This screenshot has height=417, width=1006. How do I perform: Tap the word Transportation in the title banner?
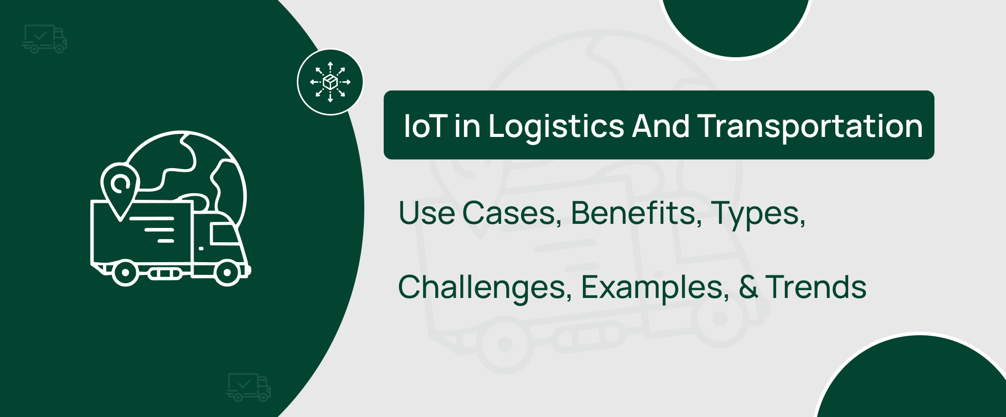click(810, 127)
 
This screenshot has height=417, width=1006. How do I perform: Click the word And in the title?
click(661, 126)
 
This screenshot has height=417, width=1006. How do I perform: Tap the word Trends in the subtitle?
click(816, 287)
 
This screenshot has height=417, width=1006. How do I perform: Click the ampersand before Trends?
click(748, 287)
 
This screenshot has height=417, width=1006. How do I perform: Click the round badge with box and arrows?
click(331, 82)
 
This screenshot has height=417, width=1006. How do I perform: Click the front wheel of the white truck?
click(227, 273)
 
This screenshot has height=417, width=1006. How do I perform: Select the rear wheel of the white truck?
click(125, 273)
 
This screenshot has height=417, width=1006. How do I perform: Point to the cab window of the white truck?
click(224, 235)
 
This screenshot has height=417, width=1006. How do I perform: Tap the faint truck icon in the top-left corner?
click(44, 39)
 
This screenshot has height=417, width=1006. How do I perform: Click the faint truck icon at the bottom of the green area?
click(248, 387)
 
